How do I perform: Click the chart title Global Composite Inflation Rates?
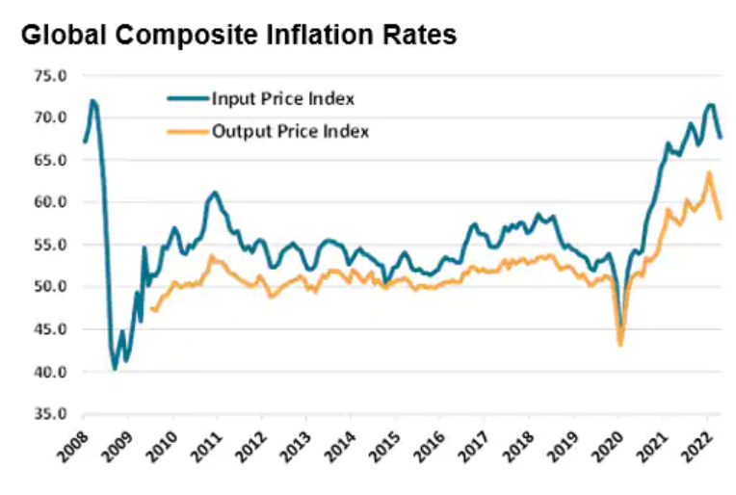pos(238,35)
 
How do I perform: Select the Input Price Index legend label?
pos(282,98)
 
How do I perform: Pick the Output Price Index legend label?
pos(290,131)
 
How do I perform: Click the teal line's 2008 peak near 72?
pos(92,100)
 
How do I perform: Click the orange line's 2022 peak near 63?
pos(709,173)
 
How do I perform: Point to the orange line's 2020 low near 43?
pos(620,344)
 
